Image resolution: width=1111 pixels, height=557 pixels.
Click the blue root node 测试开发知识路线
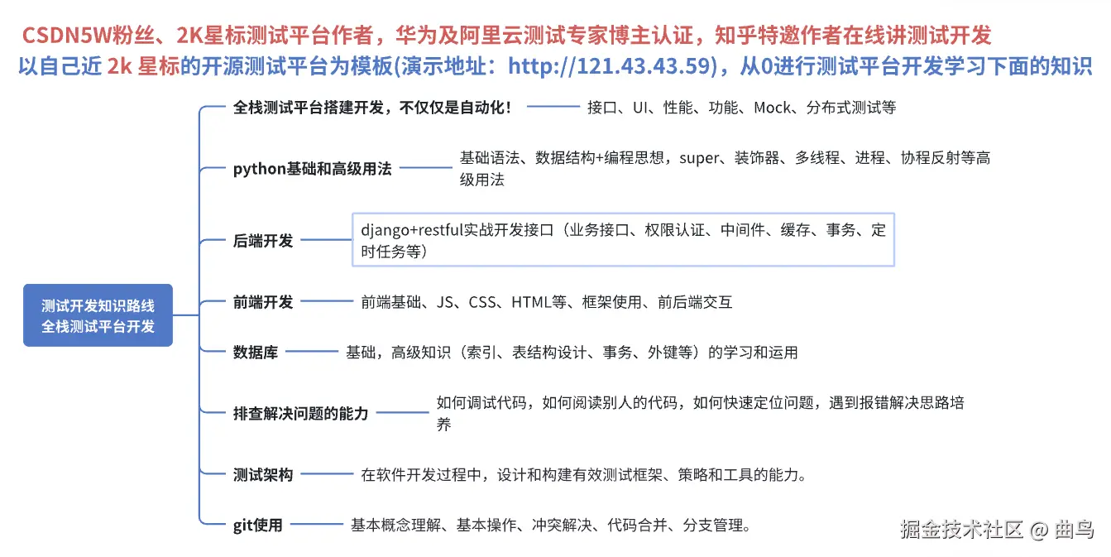tap(98, 315)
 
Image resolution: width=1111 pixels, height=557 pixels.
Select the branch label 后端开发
tap(263, 241)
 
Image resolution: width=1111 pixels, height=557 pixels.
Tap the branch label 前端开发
tap(263, 302)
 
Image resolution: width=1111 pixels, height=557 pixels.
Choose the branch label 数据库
tap(256, 352)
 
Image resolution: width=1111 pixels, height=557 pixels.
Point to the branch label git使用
tap(257, 525)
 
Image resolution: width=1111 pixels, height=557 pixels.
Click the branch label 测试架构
tap(263, 475)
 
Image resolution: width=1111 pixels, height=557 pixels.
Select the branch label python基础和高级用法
tap(312, 169)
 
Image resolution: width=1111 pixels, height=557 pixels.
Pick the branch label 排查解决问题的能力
tap(300, 413)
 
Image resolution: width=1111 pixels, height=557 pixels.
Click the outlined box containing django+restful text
tap(623, 240)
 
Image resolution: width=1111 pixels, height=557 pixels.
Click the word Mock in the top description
tap(772, 108)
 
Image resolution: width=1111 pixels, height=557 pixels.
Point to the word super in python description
tap(699, 158)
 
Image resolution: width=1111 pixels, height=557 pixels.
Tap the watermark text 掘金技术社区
tap(961, 529)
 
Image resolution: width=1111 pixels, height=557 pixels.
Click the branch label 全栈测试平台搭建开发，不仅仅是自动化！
tap(373, 108)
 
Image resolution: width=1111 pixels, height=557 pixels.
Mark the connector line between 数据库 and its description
tap(309, 353)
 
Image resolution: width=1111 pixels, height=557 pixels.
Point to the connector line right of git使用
tap(315, 525)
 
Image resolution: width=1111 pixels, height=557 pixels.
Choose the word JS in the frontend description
tap(445, 302)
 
